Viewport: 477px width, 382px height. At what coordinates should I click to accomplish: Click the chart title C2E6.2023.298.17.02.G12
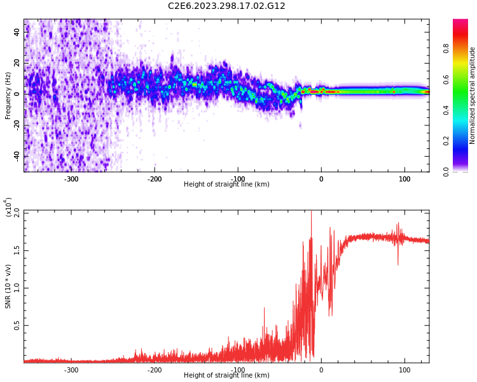point(226,6)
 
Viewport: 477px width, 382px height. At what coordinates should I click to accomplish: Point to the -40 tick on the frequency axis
point(17,156)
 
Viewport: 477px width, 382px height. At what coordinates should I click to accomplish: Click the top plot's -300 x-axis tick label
point(71,179)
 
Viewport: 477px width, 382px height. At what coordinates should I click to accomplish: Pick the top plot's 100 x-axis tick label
point(404,179)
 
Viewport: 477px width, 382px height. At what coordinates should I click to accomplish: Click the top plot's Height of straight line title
point(226,185)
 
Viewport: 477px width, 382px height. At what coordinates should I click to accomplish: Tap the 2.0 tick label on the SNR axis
point(17,211)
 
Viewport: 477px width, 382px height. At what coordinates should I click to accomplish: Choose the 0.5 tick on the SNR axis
point(17,325)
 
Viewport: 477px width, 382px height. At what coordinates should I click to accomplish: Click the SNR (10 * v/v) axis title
point(8,286)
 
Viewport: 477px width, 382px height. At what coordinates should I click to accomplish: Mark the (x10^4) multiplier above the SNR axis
point(8,207)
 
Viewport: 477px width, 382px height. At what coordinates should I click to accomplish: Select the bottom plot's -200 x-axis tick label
point(155,370)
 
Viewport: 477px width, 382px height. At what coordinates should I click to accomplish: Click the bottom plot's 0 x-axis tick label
point(321,370)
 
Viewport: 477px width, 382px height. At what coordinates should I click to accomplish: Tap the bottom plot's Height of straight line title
point(226,376)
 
